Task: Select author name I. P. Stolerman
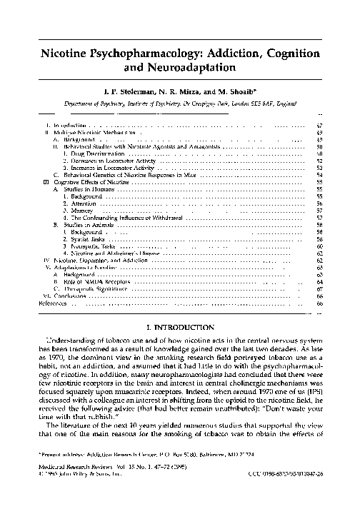click(x=135, y=92)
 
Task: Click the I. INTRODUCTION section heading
click(x=179, y=326)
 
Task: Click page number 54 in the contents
click(x=319, y=174)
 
